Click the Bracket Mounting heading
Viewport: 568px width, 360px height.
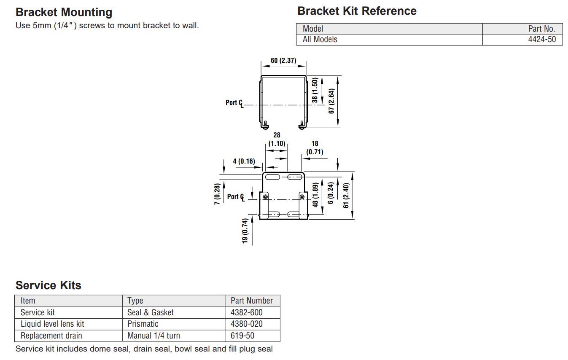pyautogui.click(x=64, y=12)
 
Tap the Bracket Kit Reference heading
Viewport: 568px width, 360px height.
pyautogui.click(x=357, y=11)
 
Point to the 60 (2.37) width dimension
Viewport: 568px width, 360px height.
pyautogui.click(x=283, y=61)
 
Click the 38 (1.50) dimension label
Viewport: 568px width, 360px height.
pyautogui.click(x=315, y=90)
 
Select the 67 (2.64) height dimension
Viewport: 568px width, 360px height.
pyautogui.click(x=331, y=101)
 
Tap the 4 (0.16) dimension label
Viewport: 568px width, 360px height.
pyautogui.click(x=244, y=161)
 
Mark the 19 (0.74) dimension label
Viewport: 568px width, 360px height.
pyautogui.click(x=245, y=231)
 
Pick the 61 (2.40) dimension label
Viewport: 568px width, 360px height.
pyautogui.click(x=346, y=196)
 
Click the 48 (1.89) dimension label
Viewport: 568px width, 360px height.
pyautogui.click(x=315, y=195)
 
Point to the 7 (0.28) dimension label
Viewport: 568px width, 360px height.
pyautogui.click(x=217, y=194)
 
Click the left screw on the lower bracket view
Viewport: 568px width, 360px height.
pyautogui.click(x=265, y=197)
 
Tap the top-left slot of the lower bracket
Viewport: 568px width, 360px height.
pyautogui.click(x=272, y=177)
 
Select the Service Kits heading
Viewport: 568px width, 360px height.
pyautogui.click(x=48, y=285)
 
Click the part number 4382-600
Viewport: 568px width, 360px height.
pyautogui.click(x=247, y=313)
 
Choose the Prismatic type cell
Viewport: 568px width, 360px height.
pyautogui.click(x=143, y=324)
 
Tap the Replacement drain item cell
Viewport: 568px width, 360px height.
pyautogui.click(x=51, y=336)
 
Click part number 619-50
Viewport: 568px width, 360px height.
pyautogui.click(x=242, y=336)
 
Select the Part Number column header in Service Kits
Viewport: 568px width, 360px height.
pyautogui.click(x=252, y=301)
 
